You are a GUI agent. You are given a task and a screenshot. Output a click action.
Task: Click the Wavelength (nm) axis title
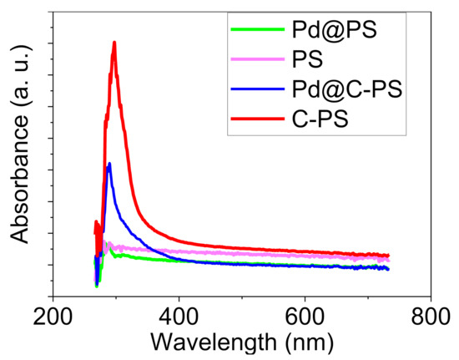[241, 342]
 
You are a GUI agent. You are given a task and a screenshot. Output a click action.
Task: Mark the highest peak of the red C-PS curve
[114, 43]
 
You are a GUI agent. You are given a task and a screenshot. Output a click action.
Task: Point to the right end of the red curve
[389, 256]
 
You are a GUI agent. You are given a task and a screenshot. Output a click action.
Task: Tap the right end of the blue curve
[389, 268]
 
